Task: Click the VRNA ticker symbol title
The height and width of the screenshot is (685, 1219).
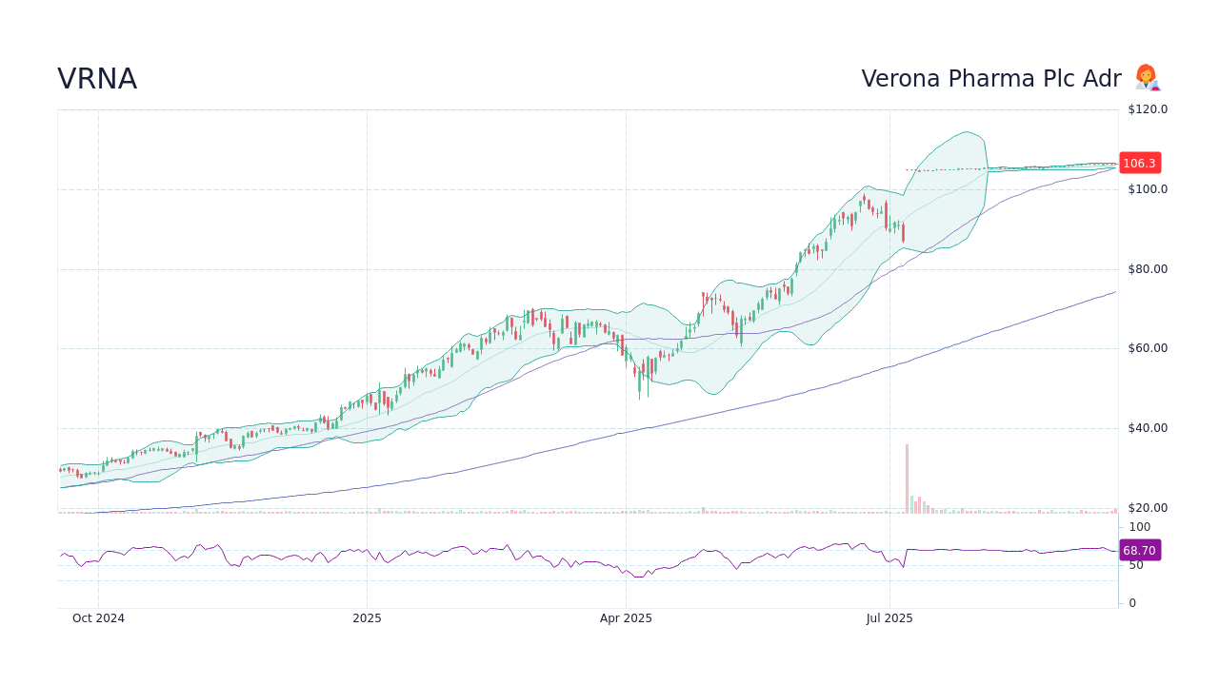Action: [x=97, y=80]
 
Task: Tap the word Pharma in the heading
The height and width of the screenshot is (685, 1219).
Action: [x=994, y=80]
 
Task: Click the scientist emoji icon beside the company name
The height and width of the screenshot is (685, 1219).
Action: [x=1147, y=78]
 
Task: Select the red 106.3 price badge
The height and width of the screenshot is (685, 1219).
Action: [x=1139, y=164]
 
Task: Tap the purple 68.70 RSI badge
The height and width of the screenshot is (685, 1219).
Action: [x=1139, y=551]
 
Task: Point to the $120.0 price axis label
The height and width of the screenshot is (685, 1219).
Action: [x=1148, y=109]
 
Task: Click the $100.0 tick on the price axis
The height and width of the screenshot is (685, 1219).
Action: [x=1148, y=189]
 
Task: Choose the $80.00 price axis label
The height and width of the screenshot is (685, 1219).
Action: [x=1148, y=269]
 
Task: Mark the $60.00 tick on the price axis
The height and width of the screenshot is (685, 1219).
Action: [x=1148, y=348]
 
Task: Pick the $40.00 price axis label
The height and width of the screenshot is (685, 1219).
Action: [x=1148, y=428]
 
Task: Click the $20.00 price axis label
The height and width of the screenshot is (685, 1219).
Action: [x=1148, y=508]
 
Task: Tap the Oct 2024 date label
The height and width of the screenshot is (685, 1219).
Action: [x=98, y=618]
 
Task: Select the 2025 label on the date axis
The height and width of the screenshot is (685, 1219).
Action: [x=367, y=618]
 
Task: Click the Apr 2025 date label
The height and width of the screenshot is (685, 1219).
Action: [x=626, y=618]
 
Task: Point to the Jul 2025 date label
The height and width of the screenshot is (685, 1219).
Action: [x=889, y=618]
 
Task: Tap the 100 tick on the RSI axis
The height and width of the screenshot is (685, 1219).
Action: [x=1140, y=527]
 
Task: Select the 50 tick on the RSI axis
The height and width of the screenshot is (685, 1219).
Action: [x=1136, y=565]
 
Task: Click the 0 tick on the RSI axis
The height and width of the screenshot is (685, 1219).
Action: [x=1132, y=603]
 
